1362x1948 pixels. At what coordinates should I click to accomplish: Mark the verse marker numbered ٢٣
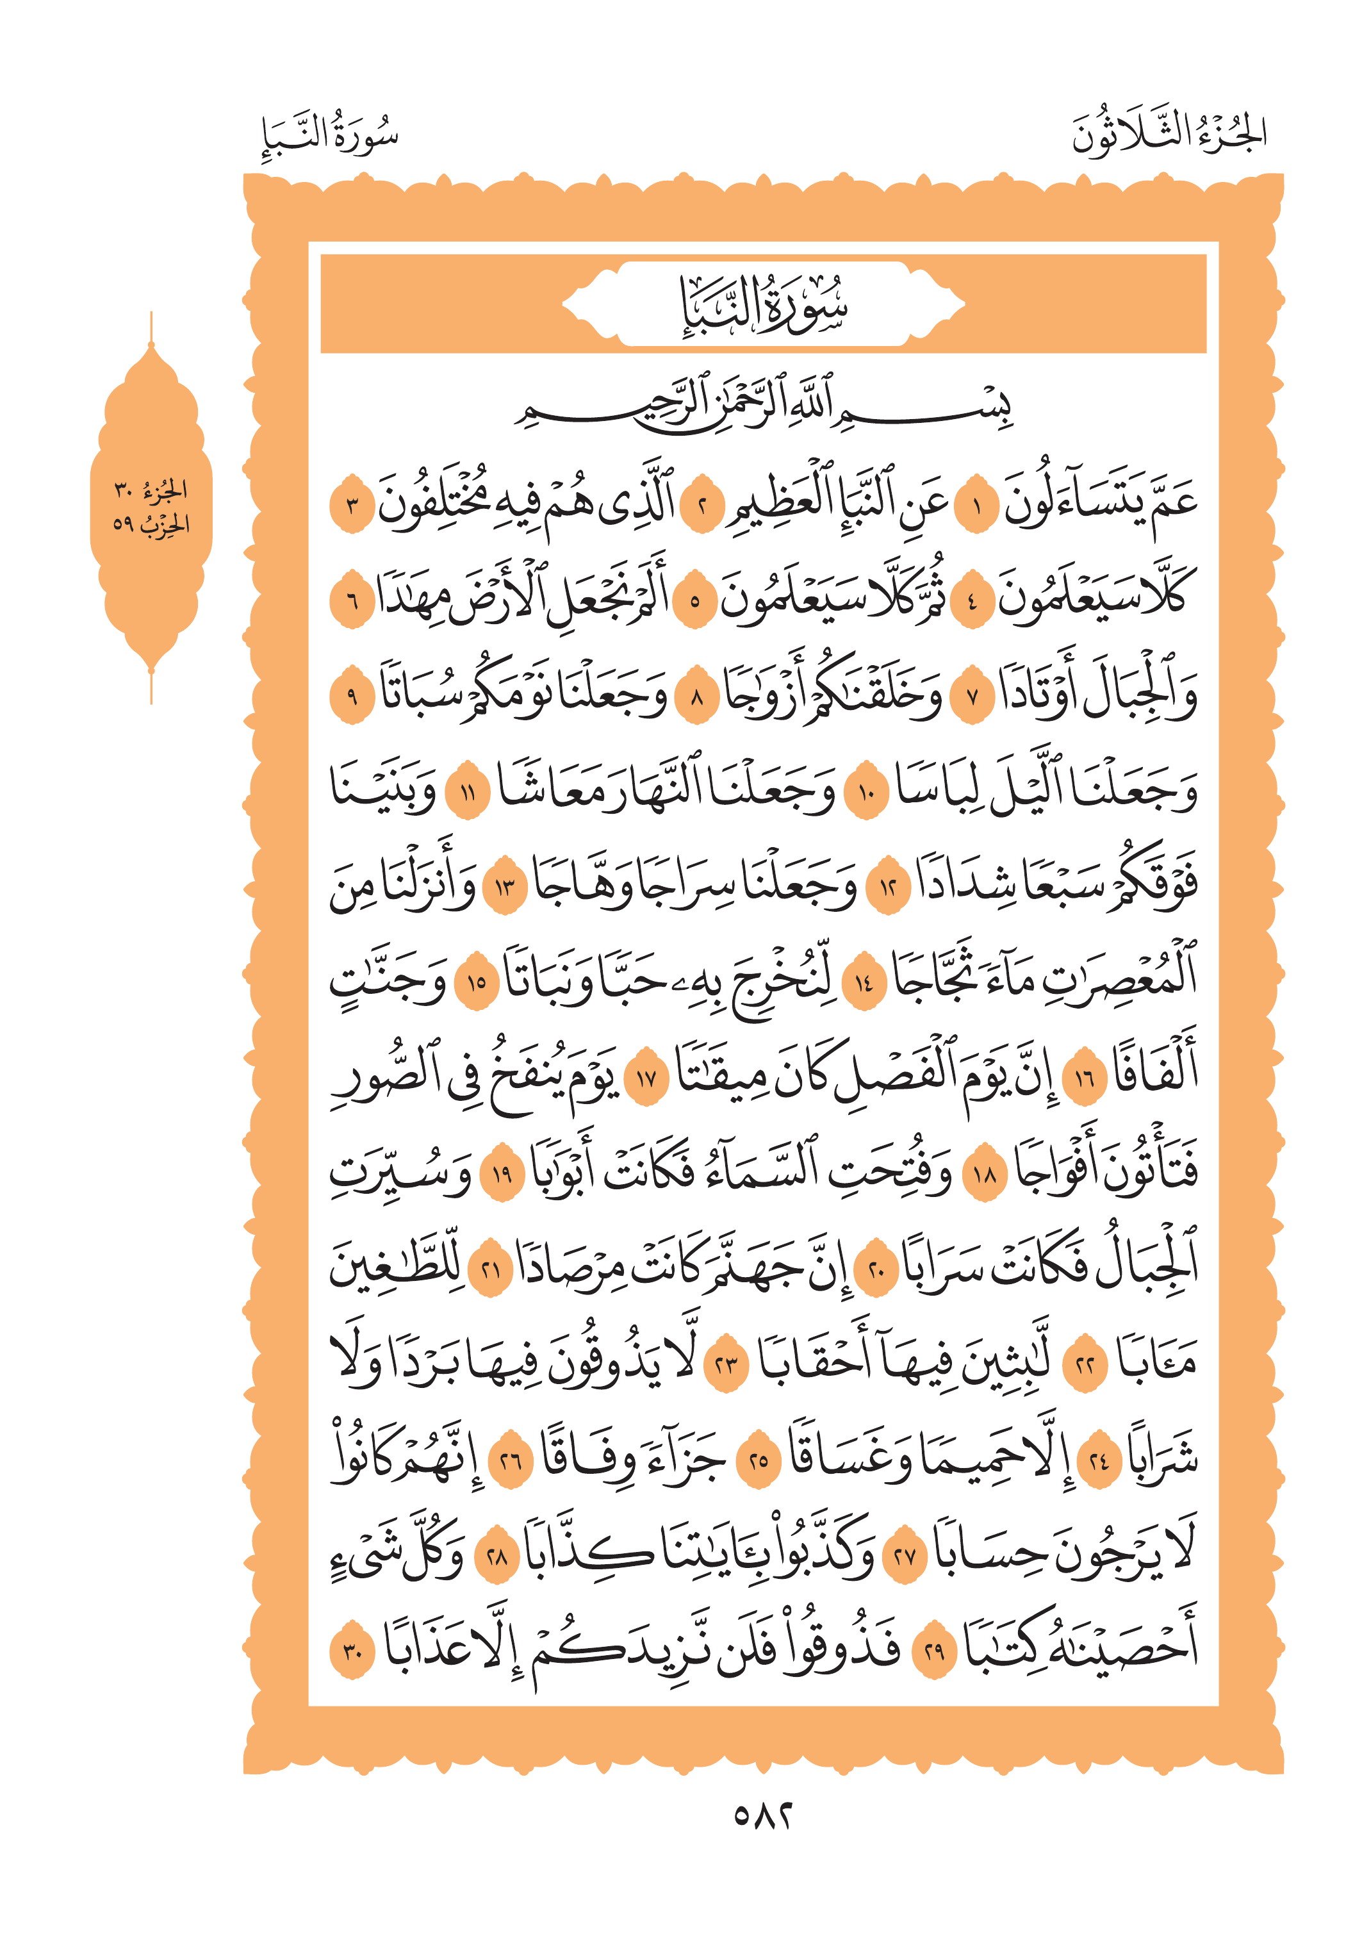coord(726,1365)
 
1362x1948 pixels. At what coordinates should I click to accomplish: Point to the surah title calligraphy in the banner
coord(763,304)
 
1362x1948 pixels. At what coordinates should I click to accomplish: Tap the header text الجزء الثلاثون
coord(1169,136)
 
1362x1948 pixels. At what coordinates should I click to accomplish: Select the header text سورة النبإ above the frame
coord(330,136)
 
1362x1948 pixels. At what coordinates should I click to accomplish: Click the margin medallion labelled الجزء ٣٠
coord(151,508)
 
